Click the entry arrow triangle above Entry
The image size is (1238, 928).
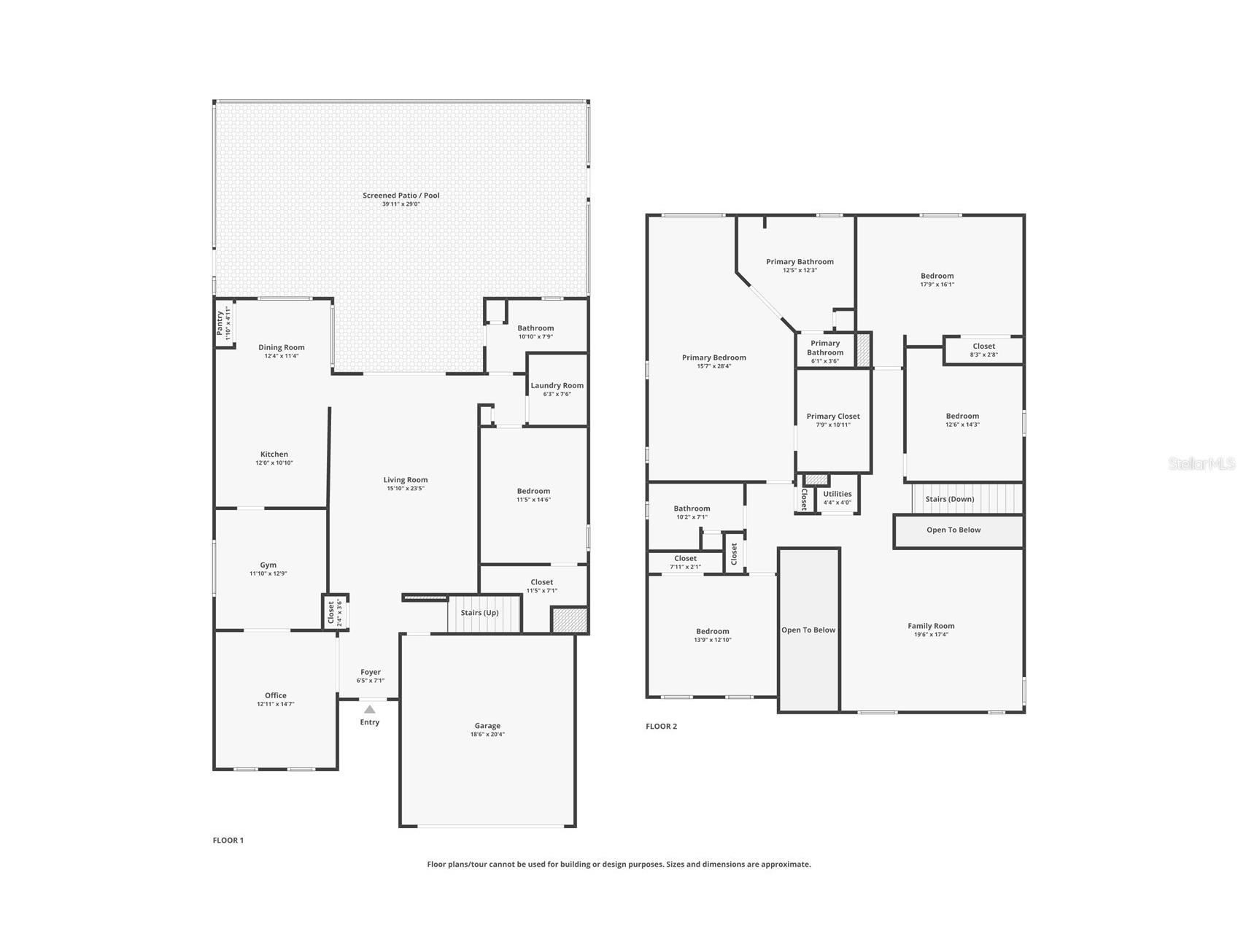[x=370, y=709]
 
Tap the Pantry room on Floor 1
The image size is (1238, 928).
[x=224, y=324]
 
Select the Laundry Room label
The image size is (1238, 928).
[x=557, y=385]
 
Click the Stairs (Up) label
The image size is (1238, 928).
[x=479, y=613]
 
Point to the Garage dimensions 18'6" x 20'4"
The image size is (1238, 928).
[x=487, y=735]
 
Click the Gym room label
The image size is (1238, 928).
[x=268, y=565]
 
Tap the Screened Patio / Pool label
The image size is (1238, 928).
[x=401, y=196]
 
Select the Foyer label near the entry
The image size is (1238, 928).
[x=370, y=672]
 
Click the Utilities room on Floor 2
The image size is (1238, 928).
[x=837, y=495]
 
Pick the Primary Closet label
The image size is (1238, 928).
[x=832, y=417]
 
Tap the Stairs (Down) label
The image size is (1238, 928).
[x=949, y=499]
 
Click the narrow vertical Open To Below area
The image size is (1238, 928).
[x=808, y=630]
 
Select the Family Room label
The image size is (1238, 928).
[x=931, y=626]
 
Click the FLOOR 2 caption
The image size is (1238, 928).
[x=661, y=727]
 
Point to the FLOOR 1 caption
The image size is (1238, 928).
[x=228, y=840]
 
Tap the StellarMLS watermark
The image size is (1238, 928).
[x=1201, y=463]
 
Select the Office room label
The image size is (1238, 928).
[x=275, y=695]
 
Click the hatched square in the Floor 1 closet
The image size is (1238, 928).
[x=569, y=620]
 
